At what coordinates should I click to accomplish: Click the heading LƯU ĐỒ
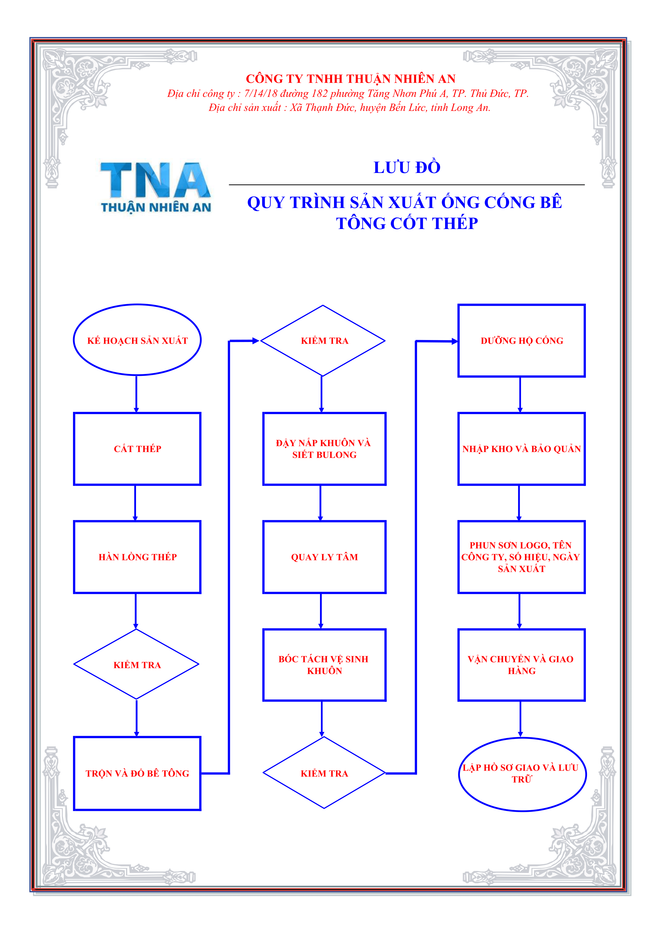(x=407, y=167)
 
